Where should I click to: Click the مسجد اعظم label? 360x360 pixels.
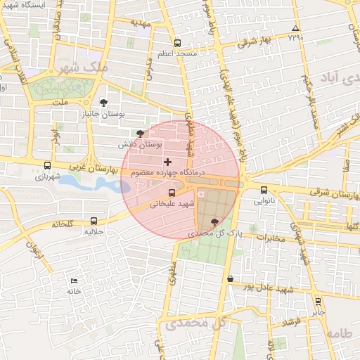(x=177, y=53)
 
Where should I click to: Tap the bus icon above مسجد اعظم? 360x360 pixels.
(x=177, y=43)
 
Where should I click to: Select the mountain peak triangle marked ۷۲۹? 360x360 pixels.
(x=296, y=30)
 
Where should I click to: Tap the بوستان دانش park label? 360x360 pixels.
(x=140, y=143)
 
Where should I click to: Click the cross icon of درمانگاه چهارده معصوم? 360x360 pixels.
(x=167, y=162)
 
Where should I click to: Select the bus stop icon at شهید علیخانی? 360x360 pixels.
(x=172, y=193)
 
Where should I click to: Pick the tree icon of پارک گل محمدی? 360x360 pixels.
(x=214, y=221)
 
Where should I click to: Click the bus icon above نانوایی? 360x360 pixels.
(x=264, y=189)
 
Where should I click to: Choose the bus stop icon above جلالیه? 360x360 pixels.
(x=94, y=221)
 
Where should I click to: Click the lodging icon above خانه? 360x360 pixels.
(x=75, y=281)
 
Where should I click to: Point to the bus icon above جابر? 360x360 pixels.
(x=318, y=301)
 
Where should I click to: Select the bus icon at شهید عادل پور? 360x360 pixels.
(x=231, y=279)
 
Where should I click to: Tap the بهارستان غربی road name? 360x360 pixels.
(x=92, y=169)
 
